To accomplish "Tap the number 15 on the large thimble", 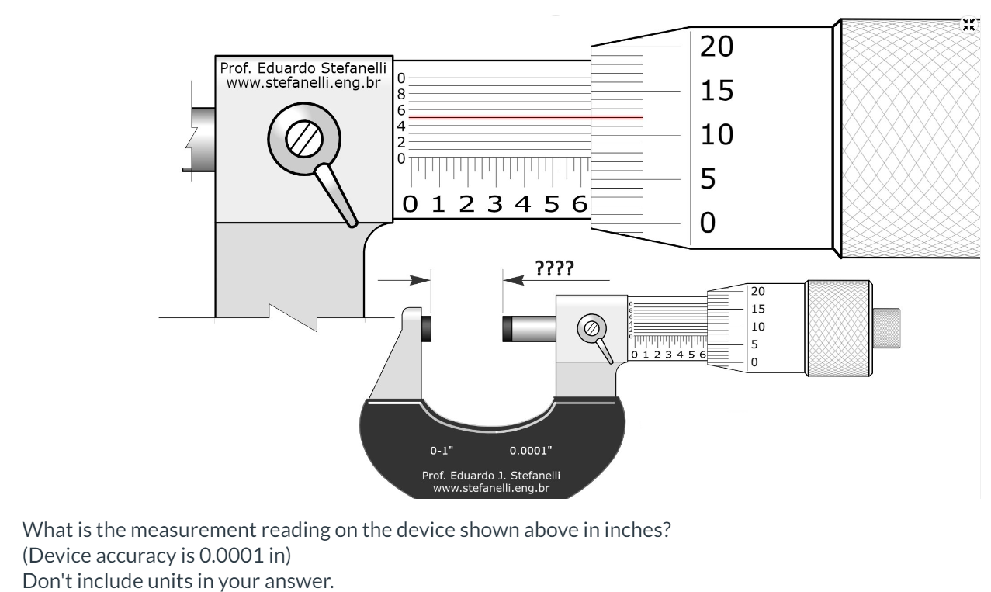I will click(x=716, y=92).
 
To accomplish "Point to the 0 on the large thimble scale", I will click(x=708, y=223).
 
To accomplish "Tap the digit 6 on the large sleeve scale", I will click(x=579, y=205).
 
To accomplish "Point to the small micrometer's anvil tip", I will click(x=428, y=327).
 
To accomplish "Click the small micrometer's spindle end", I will click(x=509, y=328).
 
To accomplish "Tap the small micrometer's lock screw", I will click(x=592, y=328).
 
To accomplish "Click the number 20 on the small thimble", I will click(x=757, y=292).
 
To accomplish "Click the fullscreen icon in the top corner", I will click(x=968, y=24).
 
